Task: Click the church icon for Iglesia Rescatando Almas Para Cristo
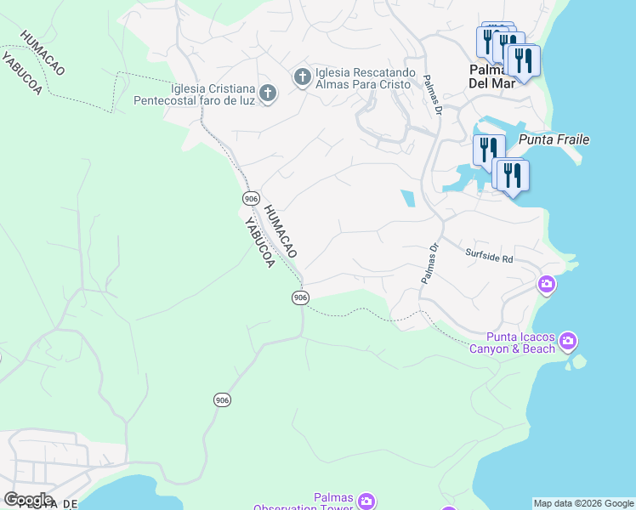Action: coord(302,77)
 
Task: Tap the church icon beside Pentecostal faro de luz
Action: coord(267,93)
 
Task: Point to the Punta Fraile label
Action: coord(554,139)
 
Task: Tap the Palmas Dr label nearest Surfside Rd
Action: coord(429,264)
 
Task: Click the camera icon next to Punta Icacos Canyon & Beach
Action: coord(568,342)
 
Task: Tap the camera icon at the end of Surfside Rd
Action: coord(548,284)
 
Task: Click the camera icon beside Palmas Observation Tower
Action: coord(366,501)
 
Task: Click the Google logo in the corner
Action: coord(27,500)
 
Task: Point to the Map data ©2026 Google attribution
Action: coord(582,503)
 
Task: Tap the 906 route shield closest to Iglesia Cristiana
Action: coord(250,198)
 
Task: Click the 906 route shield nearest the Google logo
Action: coord(221,399)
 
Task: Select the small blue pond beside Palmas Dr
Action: coord(408,198)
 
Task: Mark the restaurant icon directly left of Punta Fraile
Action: coord(488,150)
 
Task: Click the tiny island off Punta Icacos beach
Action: coord(578,362)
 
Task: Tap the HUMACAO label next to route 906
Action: coord(280,231)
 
